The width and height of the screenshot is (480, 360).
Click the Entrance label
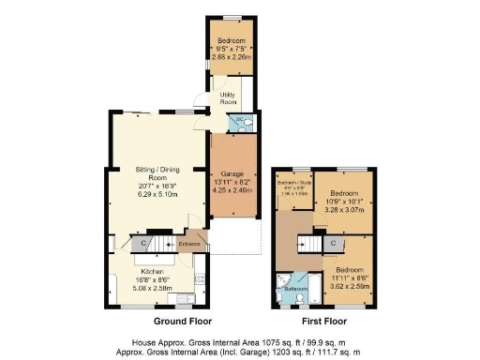pos(189,246)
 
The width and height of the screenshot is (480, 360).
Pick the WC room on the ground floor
pos(240,122)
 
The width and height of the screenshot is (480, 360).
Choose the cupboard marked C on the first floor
pos(334,244)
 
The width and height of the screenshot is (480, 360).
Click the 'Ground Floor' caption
pos(152,320)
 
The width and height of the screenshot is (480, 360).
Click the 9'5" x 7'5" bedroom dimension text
pos(232,50)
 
